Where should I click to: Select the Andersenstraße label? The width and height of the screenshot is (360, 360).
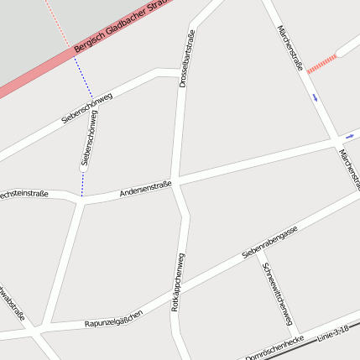tap(145, 190)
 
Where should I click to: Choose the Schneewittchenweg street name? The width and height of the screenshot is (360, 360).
tap(278, 298)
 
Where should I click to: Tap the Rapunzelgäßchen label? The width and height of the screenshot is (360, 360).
tap(113, 319)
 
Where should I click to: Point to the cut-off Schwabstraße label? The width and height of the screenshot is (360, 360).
tap(12, 307)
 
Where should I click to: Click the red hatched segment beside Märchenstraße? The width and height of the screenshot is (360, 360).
tap(321, 64)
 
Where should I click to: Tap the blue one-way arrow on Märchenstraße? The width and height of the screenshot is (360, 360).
tap(315, 97)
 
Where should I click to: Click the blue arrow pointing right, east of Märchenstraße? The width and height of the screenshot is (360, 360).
tap(349, 135)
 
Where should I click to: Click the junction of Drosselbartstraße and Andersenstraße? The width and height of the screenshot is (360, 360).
tap(176, 181)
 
